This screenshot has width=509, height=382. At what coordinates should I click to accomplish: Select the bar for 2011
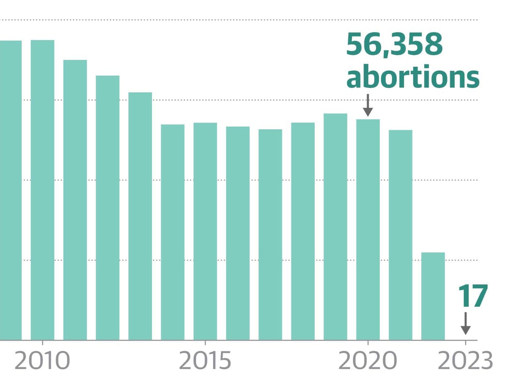pos(75,199)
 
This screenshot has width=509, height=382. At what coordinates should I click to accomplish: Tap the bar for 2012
pos(107,208)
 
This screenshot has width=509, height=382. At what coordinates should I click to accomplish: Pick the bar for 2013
pos(140,216)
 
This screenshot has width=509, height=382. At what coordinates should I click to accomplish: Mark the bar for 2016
pos(238,233)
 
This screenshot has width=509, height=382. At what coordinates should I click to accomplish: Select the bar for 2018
pos(303,231)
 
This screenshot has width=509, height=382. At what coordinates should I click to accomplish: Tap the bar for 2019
pos(335,227)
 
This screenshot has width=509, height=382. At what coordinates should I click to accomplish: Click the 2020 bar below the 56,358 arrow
pos(368,230)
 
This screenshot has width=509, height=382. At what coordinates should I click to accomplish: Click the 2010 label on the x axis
pos(42,361)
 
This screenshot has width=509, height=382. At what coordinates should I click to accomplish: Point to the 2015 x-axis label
pos(205,361)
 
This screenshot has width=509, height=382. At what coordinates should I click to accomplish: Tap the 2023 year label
pos(465,361)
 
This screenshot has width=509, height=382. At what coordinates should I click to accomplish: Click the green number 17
pos(473,297)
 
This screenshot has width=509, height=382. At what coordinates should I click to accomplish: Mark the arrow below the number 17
pos(465,323)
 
